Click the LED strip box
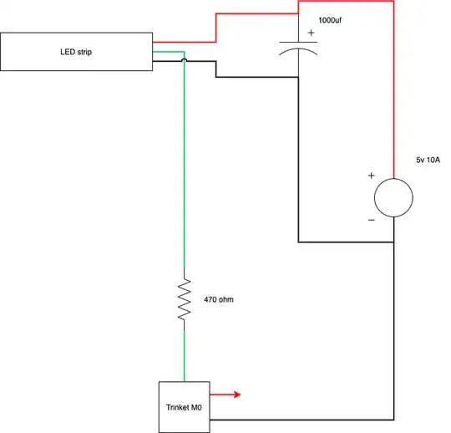pos(76,52)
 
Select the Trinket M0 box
pos(184,406)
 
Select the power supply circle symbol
pos(393,198)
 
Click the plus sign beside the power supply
pos(371,176)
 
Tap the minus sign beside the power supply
pos(371,220)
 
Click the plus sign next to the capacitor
pos(312,34)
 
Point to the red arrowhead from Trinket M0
pos(237,393)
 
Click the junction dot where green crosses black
pos(185,61)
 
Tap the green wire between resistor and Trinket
pos(185,351)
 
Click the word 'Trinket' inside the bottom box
pos(177,407)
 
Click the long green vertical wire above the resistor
pos(185,167)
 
